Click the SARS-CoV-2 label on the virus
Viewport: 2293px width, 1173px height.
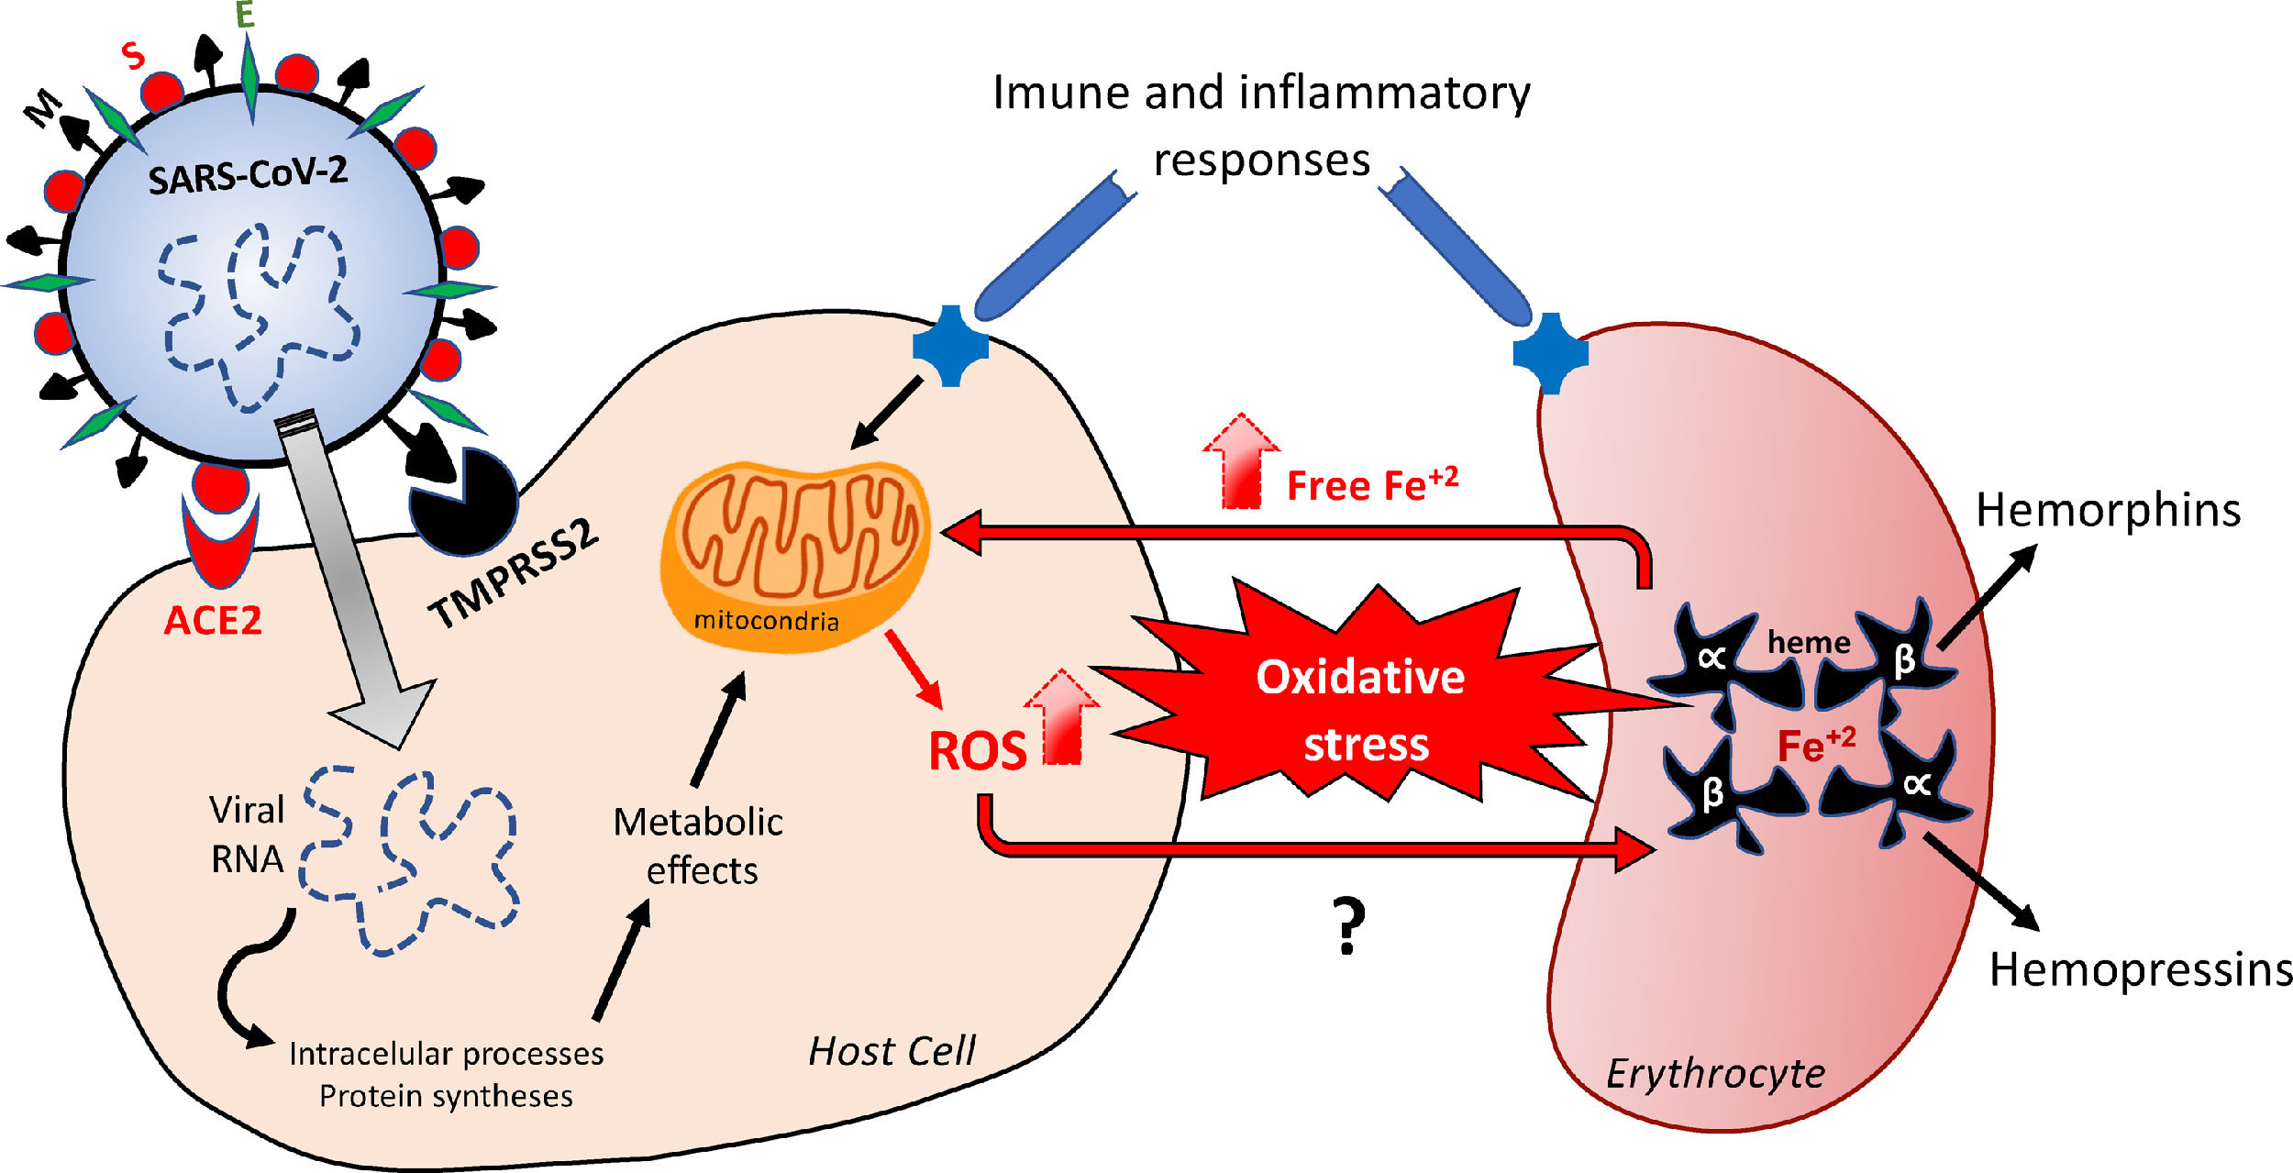(x=248, y=174)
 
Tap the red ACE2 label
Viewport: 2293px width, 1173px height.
(x=213, y=621)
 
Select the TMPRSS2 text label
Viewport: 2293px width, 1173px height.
(x=514, y=575)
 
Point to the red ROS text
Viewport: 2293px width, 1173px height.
(x=977, y=751)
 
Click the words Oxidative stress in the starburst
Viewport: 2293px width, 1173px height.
(x=1362, y=711)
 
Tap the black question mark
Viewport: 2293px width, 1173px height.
(x=1347, y=926)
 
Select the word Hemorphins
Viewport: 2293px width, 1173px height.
(x=2108, y=510)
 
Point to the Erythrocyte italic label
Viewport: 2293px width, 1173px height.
(x=1715, y=1073)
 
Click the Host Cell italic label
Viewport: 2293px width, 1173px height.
(x=892, y=1051)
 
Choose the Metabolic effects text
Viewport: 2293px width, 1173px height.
(x=699, y=846)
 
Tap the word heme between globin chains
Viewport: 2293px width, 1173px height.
(x=1809, y=642)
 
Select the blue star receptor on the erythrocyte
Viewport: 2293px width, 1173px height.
(x=1550, y=353)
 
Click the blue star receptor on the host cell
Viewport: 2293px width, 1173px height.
(x=950, y=346)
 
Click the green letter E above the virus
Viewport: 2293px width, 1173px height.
(x=245, y=15)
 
